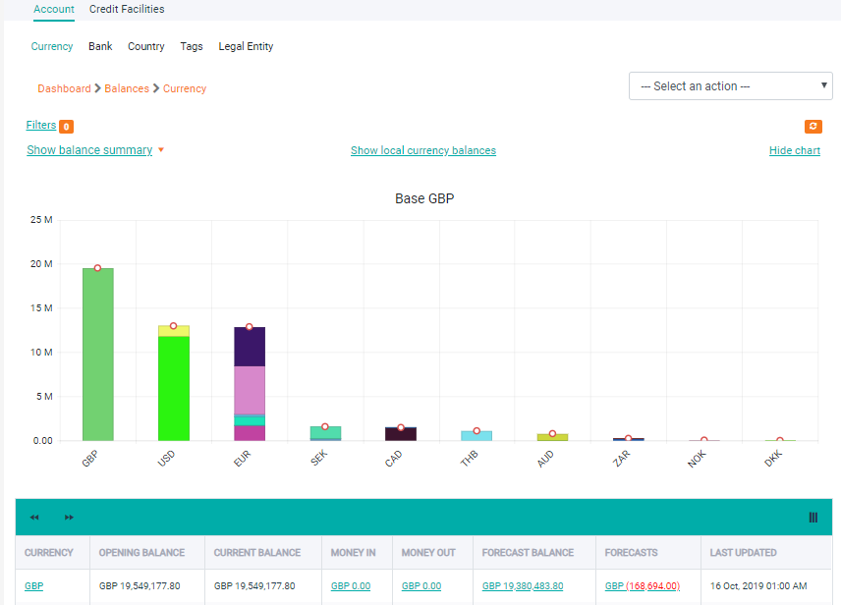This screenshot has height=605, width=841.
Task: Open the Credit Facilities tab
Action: pyautogui.click(x=127, y=10)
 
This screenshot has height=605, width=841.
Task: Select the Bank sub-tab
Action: pyautogui.click(x=100, y=46)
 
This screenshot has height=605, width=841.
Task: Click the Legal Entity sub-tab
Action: pyautogui.click(x=246, y=46)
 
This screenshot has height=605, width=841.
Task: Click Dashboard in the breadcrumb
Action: pyautogui.click(x=64, y=88)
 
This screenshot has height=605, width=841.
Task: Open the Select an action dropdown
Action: pyautogui.click(x=731, y=86)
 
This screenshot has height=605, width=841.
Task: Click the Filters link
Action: pyautogui.click(x=41, y=126)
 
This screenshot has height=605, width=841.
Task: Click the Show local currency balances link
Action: pyautogui.click(x=422, y=151)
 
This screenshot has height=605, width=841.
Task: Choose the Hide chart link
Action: pyautogui.click(x=794, y=151)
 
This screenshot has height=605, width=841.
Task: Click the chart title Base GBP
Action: pyautogui.click(x=424, y=199)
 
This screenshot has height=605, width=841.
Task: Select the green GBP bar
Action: pyautogui.click(x=97, y=354)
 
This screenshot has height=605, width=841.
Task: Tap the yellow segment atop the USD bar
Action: pyautogui.click(x=173, y=331)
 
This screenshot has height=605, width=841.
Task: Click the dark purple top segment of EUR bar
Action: pyautogui.click(x=250, y=347)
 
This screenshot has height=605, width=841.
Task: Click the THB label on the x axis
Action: pyautogui.click(x=470, y=458)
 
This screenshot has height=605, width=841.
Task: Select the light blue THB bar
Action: pyautogui.click(x=477, y=435)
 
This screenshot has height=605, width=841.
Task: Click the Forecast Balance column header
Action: pyautogui.click(x=529, y=553)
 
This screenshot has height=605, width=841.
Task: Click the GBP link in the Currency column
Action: pyautogui.click(x=34, y=586)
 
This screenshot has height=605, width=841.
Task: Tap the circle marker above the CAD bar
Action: pyautogui.click(x=401, y=428)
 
